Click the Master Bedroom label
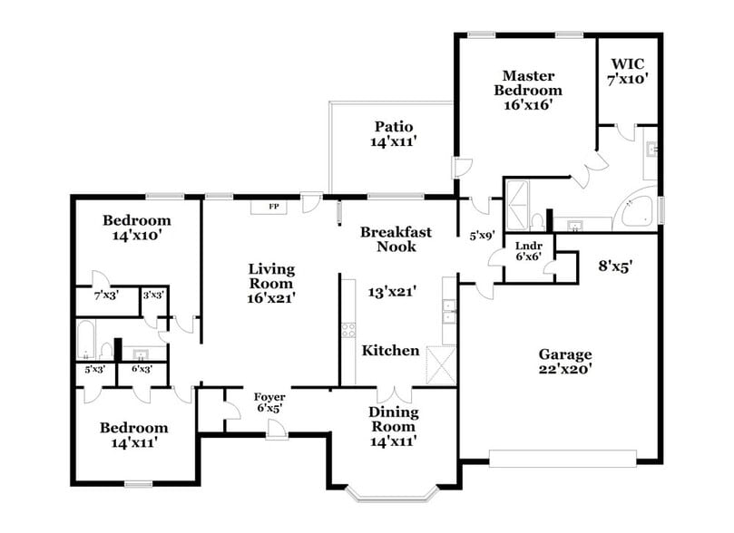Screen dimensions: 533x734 [x=527, y=89]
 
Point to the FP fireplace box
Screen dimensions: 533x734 [x=271, y=207]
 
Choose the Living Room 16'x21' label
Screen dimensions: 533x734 [x=271, y=282]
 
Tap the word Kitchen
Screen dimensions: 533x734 [x=390, y=350]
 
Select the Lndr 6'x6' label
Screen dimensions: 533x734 [x=529, y=251]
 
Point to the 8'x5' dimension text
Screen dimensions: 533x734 [x=614, y=266]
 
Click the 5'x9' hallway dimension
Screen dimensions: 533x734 [x=482, y=236]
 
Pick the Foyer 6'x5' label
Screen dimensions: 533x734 [x=269, y=402]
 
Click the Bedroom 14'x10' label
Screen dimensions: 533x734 [x=136, y=228]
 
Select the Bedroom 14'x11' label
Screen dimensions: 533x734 [x=134, y=435]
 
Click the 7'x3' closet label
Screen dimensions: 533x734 [x=106, y=295]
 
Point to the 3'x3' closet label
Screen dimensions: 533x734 [x=152, y=295]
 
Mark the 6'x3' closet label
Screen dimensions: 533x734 [x=141, y=369]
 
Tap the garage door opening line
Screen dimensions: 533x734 [x=564, y=452]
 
